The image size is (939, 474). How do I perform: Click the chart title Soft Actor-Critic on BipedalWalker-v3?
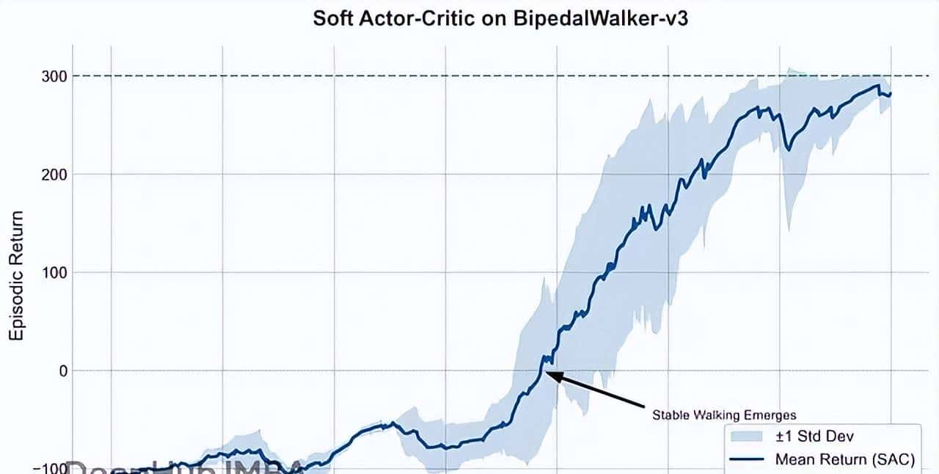500,18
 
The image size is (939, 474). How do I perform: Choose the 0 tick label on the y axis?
63,371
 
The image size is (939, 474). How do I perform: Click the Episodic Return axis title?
16,276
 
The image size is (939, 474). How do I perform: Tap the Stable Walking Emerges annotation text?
724,415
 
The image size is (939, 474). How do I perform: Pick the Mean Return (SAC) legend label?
844,460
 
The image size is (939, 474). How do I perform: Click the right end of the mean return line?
891,93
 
